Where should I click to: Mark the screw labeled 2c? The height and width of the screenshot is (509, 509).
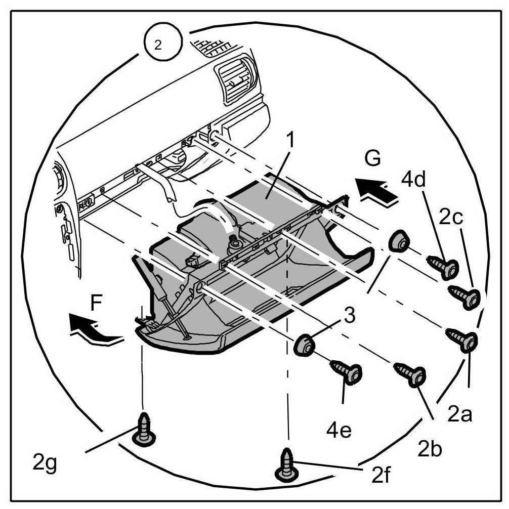(x=465, y=296)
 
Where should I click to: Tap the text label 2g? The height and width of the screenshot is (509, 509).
(x=45, y=462)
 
